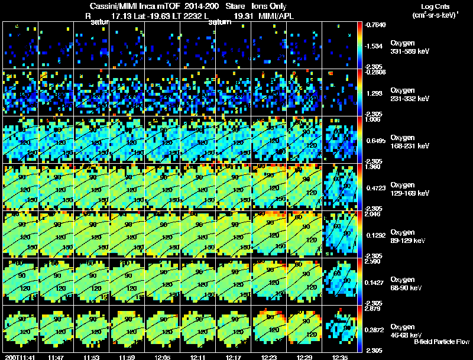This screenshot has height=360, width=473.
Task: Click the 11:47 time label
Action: [x=56, y=357]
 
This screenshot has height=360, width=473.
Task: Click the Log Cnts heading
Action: [x=433, y=5]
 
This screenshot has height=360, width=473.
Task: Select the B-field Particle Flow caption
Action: [x=442, y=342]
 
